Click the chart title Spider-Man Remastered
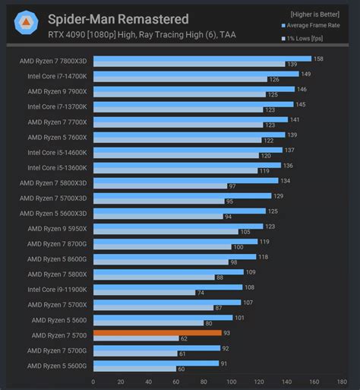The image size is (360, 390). tap(118, 18)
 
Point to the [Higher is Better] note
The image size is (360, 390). tap(314, 14)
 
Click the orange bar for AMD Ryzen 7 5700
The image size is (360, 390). tap(157, 332)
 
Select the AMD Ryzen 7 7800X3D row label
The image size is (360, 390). tap(57, 61)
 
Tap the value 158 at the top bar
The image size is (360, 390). tap(319, 59)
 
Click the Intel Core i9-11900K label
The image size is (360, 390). tap(57, 289)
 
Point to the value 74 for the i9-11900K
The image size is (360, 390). tap(201, 293)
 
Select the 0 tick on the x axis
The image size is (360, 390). tap(93, 382)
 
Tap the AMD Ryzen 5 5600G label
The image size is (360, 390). tap(57, 365)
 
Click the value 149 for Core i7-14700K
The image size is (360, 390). tap(305, 74)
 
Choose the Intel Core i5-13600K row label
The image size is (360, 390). tap(57, 167)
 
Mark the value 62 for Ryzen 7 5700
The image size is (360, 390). tap(185, 338)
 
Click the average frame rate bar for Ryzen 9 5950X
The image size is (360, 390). tap(178, 226)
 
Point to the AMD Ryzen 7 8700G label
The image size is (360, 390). tap(57, 243)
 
